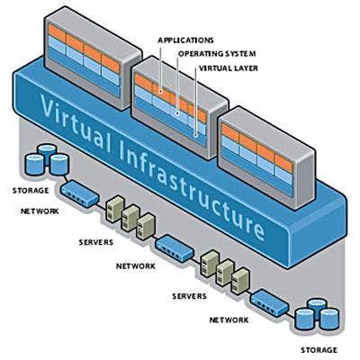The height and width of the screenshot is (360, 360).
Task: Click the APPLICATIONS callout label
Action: (x=185, y=40)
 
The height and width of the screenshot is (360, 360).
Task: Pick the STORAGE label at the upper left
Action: (x=31, y=190)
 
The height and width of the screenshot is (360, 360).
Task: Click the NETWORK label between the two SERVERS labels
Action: (x=136, y=265)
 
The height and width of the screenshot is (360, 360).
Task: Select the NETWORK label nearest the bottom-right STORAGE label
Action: (x=230, y=319)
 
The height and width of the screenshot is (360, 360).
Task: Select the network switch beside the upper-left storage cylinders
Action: (x=79, y=190)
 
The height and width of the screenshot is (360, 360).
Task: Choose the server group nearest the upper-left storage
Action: (x=125, y=212)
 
